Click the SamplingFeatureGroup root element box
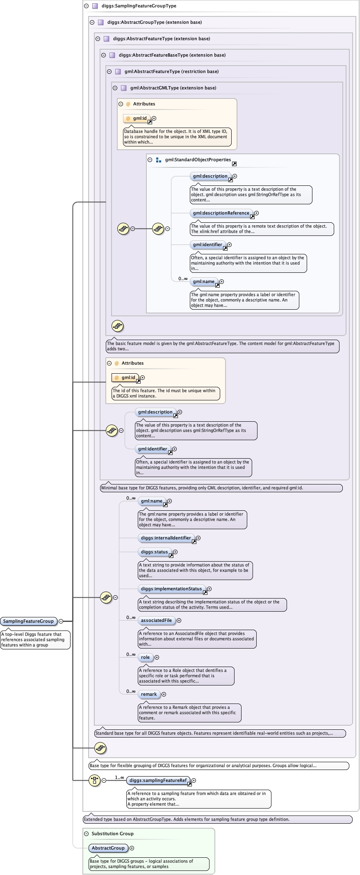pyautogui.click(x=28, y=621)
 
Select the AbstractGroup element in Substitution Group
pyautogui.click(x=108, y=848)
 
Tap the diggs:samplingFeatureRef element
pyautogui.click(x=158, y=780)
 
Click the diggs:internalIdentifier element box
pyautogui.click(x=166, y=538)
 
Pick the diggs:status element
pyautogui.click(x=154, y=552)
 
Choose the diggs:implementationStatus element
pyautogui.click(x=171, y=589)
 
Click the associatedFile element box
pyautogui.click(x=156, y=620)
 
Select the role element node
pyautogui.click(x=145, y=657)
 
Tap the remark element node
pyautogui.click(x=148, y=694)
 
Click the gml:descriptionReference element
pyautogui.click(x=221, y=213)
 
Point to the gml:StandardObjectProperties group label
pyautogui.click(x=198, y=160)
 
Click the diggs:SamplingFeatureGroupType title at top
pyautogui.click(x=139, y=6)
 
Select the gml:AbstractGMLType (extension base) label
pyautogui.click(x=173, y=88)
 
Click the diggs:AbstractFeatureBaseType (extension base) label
pyautogui.click(x=172, y=55)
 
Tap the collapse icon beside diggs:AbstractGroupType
pyautogui.click(x=92, y=22)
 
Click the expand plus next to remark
pyautogui.click(x=164, y=694)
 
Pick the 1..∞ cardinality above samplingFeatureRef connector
pyautogui.click(x=119, y=777)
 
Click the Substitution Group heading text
pyautogui.click(x=112, y=834)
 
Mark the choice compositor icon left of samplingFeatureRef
pyautogui.click(x=95, y=780)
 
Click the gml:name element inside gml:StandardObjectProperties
pyautogui.click(x=204, y=281)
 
